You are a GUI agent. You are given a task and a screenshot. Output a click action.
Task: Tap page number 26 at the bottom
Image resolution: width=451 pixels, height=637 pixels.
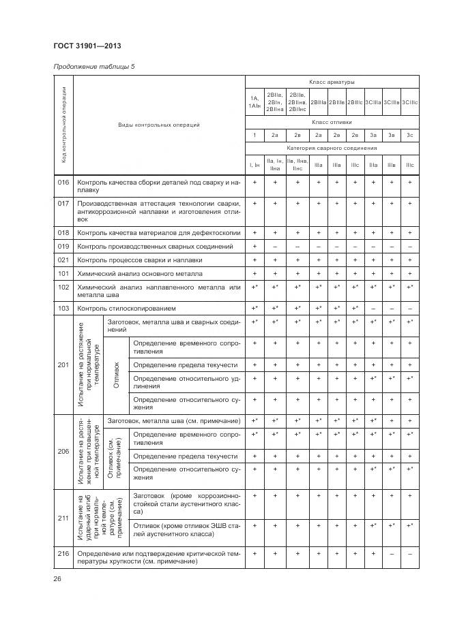(57, 578)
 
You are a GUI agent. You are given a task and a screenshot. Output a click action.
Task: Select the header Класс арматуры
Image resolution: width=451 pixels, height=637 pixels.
(331, 82)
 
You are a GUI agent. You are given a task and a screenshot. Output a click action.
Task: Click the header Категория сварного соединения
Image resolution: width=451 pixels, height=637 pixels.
(331, 148)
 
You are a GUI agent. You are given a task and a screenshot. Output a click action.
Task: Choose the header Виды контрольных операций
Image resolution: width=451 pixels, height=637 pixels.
(158, 125)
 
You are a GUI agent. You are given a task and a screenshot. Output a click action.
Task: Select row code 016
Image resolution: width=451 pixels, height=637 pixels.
(63, 183)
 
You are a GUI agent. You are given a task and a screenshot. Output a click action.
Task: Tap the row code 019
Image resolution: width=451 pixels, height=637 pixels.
(63, 246)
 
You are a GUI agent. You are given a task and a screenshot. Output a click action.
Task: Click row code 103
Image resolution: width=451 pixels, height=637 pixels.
(63, 309)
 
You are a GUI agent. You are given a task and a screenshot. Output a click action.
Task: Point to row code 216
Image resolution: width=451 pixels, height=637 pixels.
(63, 554)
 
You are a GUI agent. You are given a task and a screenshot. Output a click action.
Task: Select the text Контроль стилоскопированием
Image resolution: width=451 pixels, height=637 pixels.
(131, 309)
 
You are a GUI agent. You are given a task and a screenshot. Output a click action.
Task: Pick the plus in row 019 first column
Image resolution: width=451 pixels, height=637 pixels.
(254, 246)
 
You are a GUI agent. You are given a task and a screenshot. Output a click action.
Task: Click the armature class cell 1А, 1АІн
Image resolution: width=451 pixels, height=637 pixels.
(254, 102)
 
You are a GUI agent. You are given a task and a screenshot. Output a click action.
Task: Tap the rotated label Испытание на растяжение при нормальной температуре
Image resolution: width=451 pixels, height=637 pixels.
(87, 364)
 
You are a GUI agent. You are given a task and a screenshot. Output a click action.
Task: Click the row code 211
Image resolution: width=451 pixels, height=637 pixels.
(63, 518)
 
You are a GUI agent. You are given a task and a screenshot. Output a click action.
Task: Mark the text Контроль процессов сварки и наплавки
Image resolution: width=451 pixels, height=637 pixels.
(140, 260)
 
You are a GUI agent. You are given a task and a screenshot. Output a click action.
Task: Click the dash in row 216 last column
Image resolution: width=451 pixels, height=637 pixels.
(409, 554)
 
